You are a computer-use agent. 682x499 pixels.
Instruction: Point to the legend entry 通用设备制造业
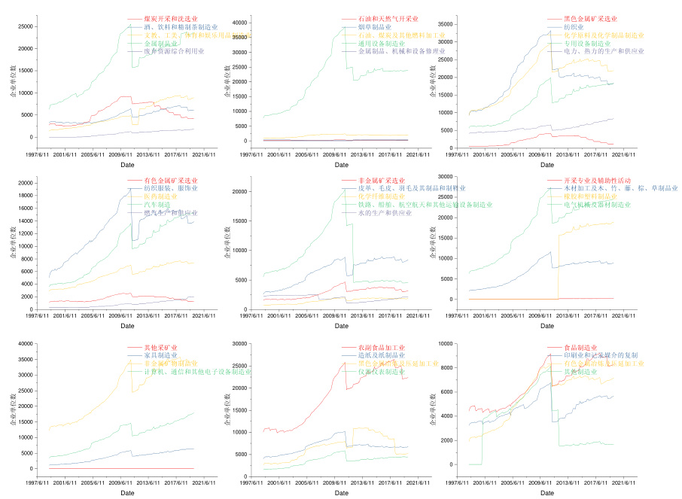click(381, 44)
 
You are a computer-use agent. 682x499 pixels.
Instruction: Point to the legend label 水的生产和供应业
click(385, 213)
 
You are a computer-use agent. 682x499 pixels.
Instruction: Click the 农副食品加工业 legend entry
click(382, 347)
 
